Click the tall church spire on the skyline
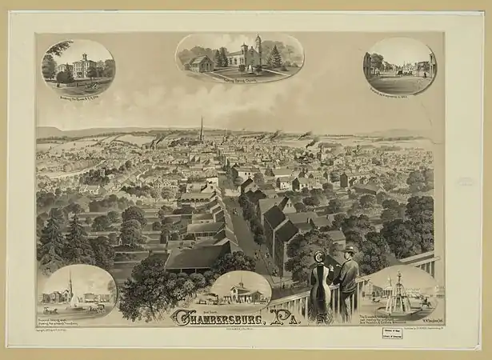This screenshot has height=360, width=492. [x=202, y=128]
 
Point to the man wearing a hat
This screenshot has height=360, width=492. [x=346, y=280]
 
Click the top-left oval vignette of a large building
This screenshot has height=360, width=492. [x=78, y=66]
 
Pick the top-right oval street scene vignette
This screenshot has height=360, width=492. [x=402, y=66]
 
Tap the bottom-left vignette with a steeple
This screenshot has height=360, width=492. [x=78, y=291]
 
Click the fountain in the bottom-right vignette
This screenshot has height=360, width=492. [x=398, y=294]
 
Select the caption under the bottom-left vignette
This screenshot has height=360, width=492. [x=72, y=322]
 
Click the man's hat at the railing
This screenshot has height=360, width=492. [x=349, y=251]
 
